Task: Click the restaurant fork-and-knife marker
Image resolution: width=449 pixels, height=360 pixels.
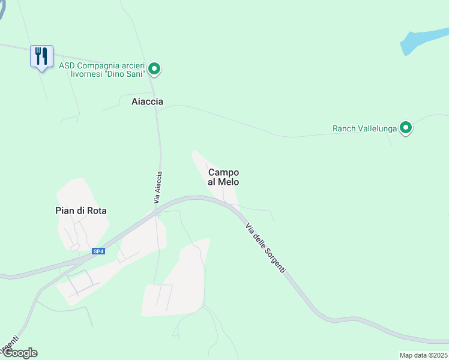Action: point(41,56)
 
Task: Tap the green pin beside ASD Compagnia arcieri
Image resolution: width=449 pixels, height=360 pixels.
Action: point(154,70)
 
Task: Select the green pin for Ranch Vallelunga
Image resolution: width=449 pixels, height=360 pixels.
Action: point(406,128)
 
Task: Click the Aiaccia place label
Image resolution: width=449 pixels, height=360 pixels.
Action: point(147,101)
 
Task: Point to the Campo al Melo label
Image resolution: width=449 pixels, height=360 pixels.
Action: point(223,177)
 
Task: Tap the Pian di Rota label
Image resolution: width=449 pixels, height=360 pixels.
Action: point(77,211)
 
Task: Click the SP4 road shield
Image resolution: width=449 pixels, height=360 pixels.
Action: point(98,251)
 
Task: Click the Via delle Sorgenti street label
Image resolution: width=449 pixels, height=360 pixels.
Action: point(265,248)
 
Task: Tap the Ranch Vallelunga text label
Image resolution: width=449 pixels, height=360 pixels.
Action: point(366,128)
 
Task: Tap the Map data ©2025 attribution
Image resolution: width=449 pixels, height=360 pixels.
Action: point(423,355)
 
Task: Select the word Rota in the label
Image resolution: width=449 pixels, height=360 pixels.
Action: point(91,211)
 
